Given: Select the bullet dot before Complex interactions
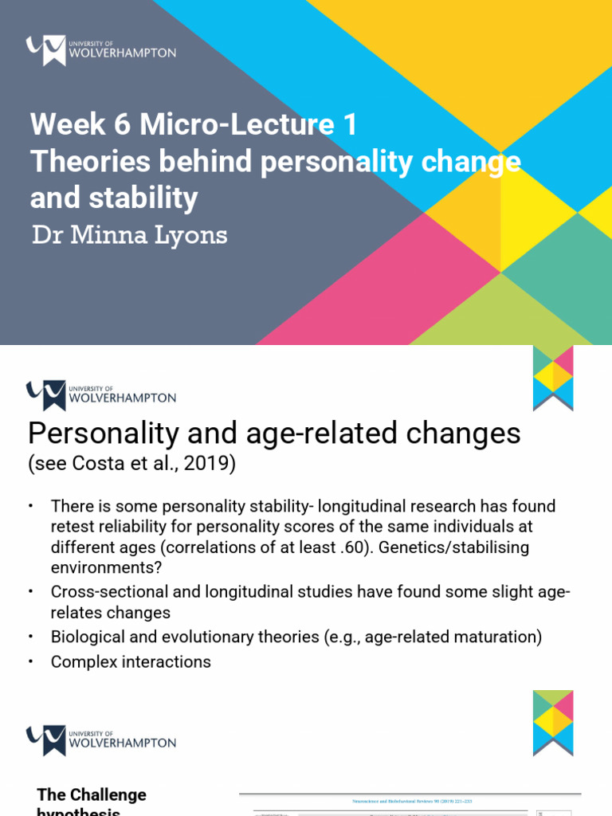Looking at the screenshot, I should coord(30,661).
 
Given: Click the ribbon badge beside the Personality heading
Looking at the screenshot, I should coord(553,378).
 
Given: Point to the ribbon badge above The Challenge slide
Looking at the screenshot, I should coord(553,722).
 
